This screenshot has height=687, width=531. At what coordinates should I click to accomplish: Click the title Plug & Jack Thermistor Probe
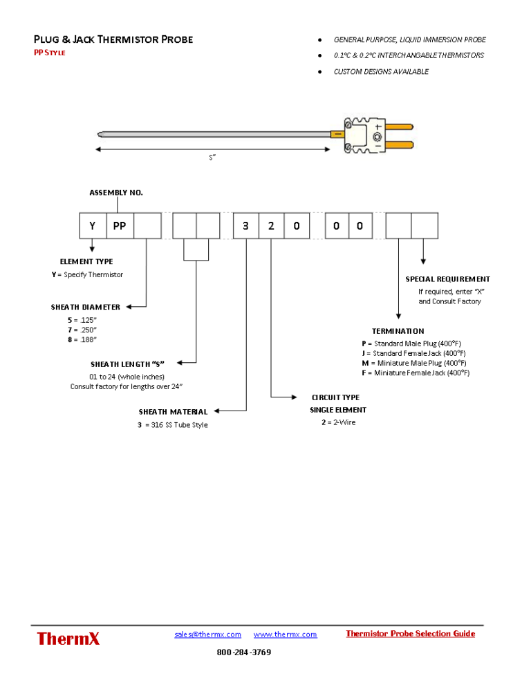(113, 39)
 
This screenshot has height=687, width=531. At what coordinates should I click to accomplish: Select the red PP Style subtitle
(50, 53)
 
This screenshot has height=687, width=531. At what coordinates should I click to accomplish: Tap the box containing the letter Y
(92, 225)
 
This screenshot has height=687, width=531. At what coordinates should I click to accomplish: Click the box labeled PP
(119, 225)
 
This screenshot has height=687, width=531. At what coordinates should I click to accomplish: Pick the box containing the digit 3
(245, 225)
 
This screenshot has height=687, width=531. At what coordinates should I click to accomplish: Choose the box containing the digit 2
(271, 225)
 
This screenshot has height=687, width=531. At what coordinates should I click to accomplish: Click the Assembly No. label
(116, 193)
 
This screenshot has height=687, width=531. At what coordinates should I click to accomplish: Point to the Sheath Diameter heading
(85, 307)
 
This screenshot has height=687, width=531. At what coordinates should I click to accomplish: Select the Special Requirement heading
(447, 279)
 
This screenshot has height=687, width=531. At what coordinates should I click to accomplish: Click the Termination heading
(398, 331)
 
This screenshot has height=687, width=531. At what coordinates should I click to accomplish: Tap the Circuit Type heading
(335, 397)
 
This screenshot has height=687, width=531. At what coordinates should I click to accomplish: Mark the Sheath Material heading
(173, 412)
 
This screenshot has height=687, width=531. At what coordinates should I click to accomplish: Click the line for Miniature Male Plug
(413, 363)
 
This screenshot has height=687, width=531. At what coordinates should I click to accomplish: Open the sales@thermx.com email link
(207, 634)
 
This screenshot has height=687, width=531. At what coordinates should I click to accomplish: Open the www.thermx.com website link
(285, 634)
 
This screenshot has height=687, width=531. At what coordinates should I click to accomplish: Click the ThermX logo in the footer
(68, 639)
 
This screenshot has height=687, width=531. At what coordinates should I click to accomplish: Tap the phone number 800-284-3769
(243, 652)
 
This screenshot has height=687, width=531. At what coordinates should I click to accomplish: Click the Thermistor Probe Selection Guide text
(410, 634)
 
